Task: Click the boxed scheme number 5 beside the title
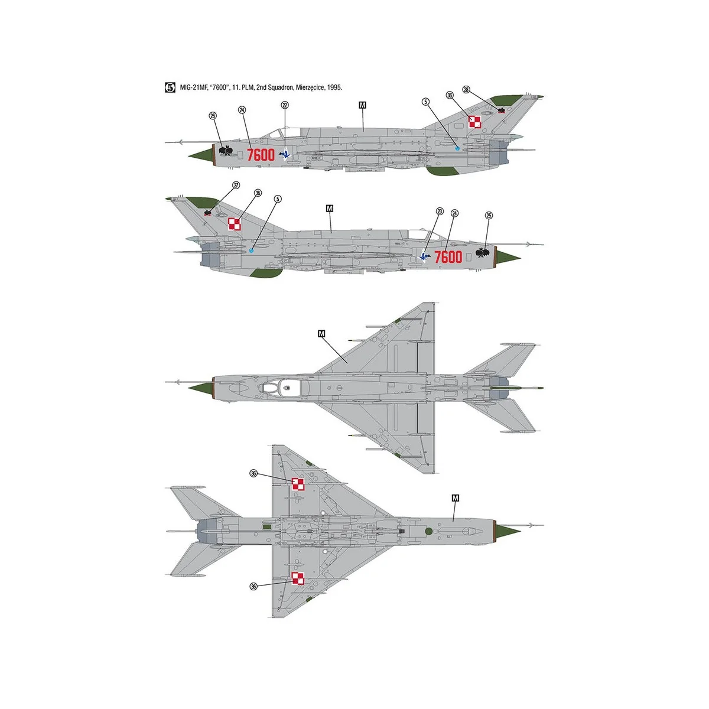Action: point(170,87)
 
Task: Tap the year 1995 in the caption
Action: point(334,87)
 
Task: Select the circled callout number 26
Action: point(213,116)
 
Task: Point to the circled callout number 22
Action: point(285,105)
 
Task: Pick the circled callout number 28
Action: point(466,90)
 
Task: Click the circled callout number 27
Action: point(236,185)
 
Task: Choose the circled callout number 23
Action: point(439,211)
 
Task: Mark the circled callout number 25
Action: point(488,216)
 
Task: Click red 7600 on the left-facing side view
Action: point(261,155)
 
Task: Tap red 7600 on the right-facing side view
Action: point(448,257)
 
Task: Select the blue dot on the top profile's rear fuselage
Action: point(457,148)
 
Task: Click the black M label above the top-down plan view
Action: point(321,334)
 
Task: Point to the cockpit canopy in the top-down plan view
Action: point(278,388)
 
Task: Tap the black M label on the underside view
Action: point(455,498)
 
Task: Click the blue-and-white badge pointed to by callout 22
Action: point(286,154)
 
